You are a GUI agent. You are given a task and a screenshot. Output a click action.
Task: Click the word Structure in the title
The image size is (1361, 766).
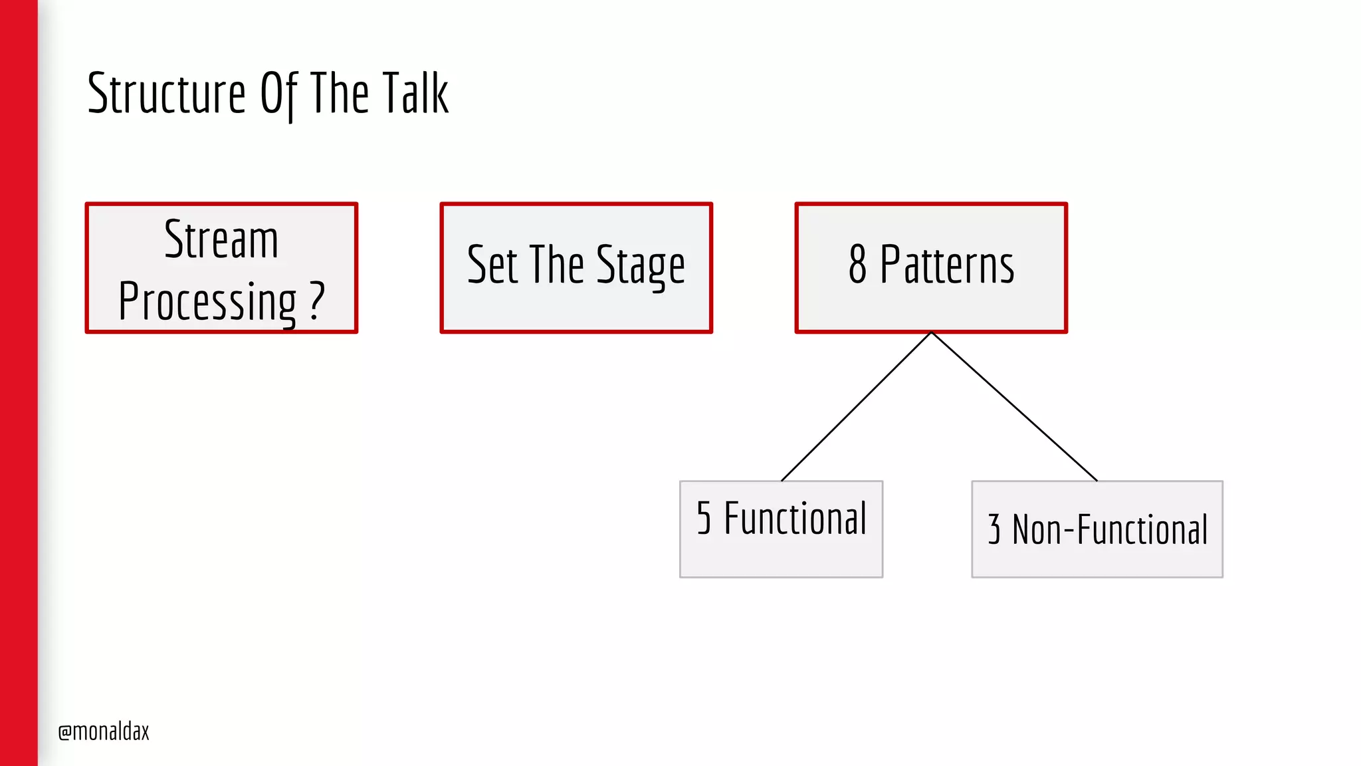click(x=166, y=94)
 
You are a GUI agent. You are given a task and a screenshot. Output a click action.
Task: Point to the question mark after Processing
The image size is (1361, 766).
click(x=317, y=301)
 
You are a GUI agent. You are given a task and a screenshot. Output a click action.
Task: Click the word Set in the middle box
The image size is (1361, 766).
click(x=492, y=265)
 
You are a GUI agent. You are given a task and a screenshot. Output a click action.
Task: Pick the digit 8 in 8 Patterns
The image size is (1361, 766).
click(x=857, y=265)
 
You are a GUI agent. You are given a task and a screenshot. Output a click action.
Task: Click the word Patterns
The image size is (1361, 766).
click(x=947, y=265)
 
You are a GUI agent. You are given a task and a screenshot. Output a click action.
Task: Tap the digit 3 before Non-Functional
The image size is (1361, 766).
click(x=994, y=530)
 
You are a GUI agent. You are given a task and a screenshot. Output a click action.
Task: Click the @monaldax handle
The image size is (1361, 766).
click(x=104, y=731)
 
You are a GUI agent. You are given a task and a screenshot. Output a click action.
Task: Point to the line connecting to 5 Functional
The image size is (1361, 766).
click(x=857, y=406)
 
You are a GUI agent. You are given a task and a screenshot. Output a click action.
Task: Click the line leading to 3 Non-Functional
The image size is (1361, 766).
click(x=1014, y=406)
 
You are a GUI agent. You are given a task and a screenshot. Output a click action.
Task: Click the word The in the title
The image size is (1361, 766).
click(x=339, y=94)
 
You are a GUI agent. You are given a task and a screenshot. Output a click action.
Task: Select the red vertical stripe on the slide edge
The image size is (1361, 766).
click(x=19, y=383)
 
